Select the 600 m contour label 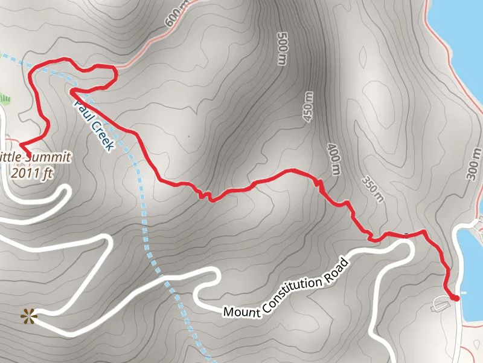point(173,19)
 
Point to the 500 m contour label point(281,48)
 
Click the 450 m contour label point(308,106)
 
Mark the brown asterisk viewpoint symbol point(28,315)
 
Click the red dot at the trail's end point(456,298)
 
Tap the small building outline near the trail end point(439,304)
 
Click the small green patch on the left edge point(4,97)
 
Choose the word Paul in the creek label point(83,109)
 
